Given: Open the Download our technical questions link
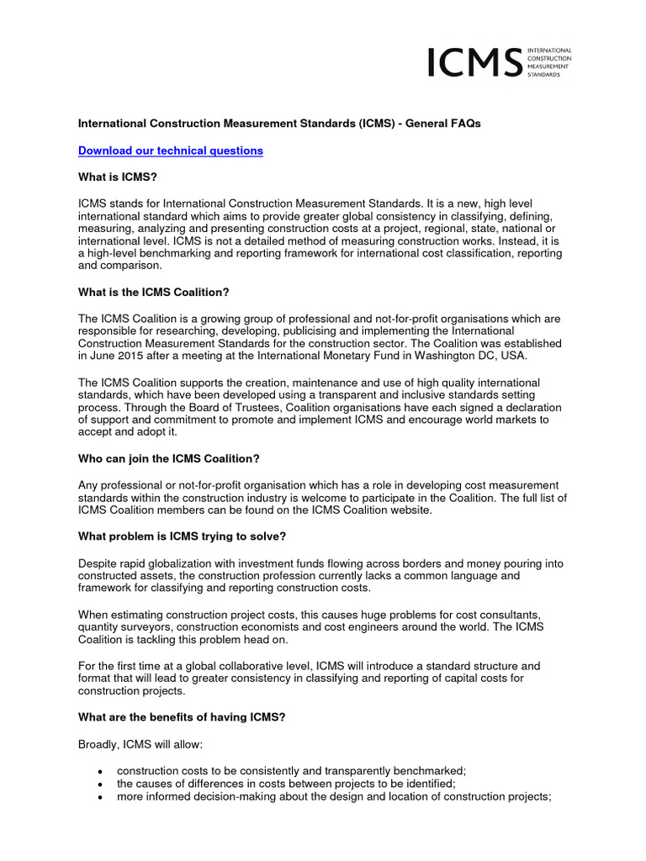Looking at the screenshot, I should point(170,151).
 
